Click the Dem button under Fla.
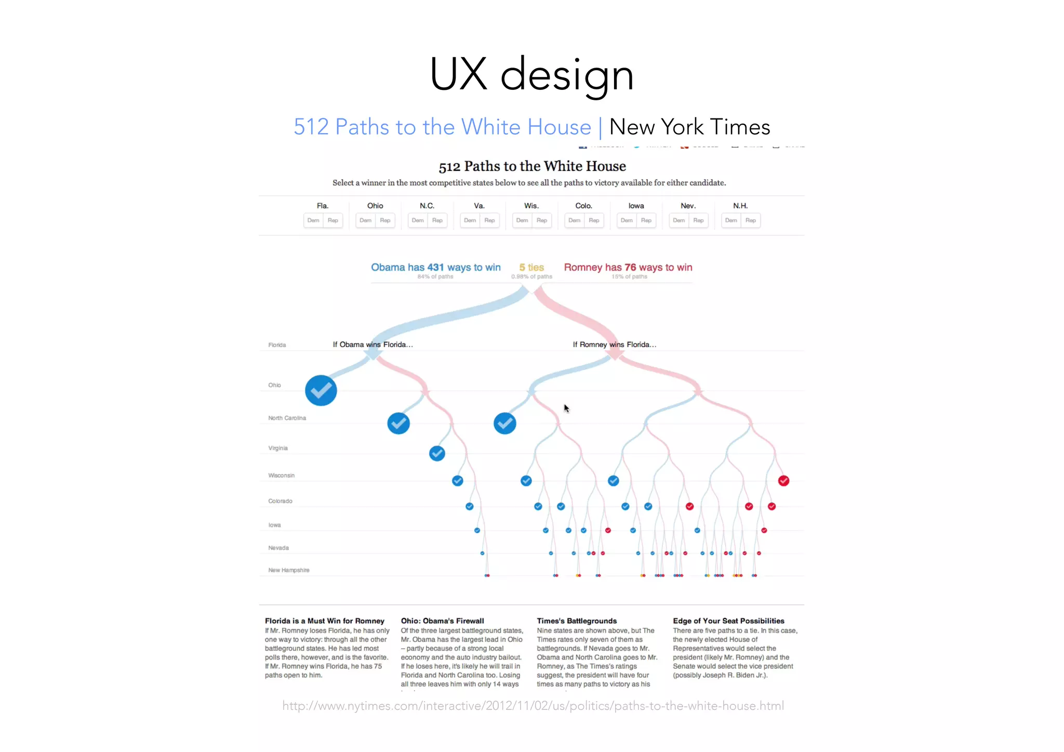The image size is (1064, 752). [x=313, y=220]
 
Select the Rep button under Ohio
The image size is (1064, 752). [x=385, y=220]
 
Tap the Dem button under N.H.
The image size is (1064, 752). [x=731, y=220]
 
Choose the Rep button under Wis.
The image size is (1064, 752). [x=542, y=220]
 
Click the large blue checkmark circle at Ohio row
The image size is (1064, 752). [x=321, y=390]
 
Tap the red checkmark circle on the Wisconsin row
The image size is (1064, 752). [x=783, y=481]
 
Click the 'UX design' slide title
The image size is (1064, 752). [x=531, y=74]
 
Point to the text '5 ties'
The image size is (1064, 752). [x=531, y=267]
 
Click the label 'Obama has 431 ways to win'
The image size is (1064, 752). [x=435, y=267]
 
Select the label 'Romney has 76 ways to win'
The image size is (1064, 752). [x=628, y=267]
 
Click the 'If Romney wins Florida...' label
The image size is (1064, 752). [x=614, y=345]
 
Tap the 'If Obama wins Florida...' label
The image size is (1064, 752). [x=373, y=345]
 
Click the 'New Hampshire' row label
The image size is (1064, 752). [x=289, y=570]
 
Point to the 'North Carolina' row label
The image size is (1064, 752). [x=287, y=418]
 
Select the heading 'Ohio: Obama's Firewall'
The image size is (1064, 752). [x=442, y=621]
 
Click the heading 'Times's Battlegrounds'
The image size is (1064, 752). [x=577, y=621]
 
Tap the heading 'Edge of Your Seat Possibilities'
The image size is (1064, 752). [x=728, y=621]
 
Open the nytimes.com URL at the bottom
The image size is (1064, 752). [x=533, y=706]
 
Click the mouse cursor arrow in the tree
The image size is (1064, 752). [x=566, y=408]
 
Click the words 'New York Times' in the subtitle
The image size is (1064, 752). [x=689, y=127]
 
